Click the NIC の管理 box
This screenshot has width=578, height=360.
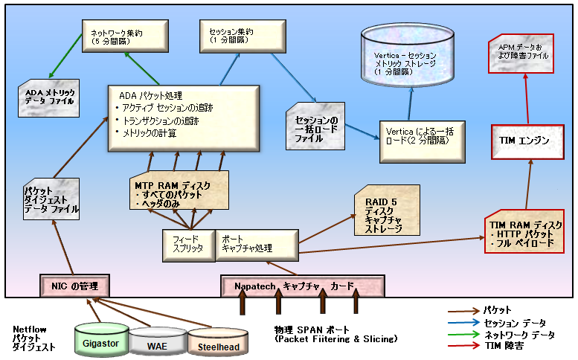pyautogui.click(x=75, y=286)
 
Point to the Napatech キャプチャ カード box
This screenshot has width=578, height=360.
pyautogui.click(x=302, y=286)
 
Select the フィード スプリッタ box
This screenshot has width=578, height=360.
pyautogui.click(x=187, y=245)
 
